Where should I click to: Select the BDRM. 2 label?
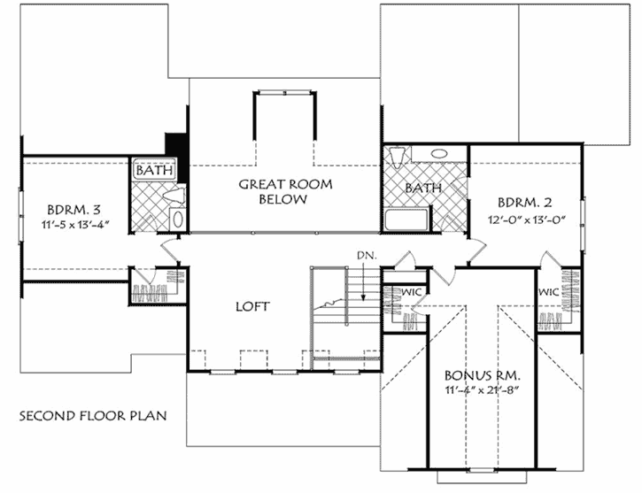click(524, 200)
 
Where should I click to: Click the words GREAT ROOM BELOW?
click(283, 191)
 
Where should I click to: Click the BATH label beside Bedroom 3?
click(155, 169)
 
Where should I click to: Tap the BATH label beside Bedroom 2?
click(422, 188)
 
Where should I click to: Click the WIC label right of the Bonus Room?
click(546, 290)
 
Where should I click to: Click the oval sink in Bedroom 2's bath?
click(438, 153)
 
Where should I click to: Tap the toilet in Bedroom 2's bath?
click(396, 157)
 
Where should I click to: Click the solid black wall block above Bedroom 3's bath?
click(175, 145)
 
